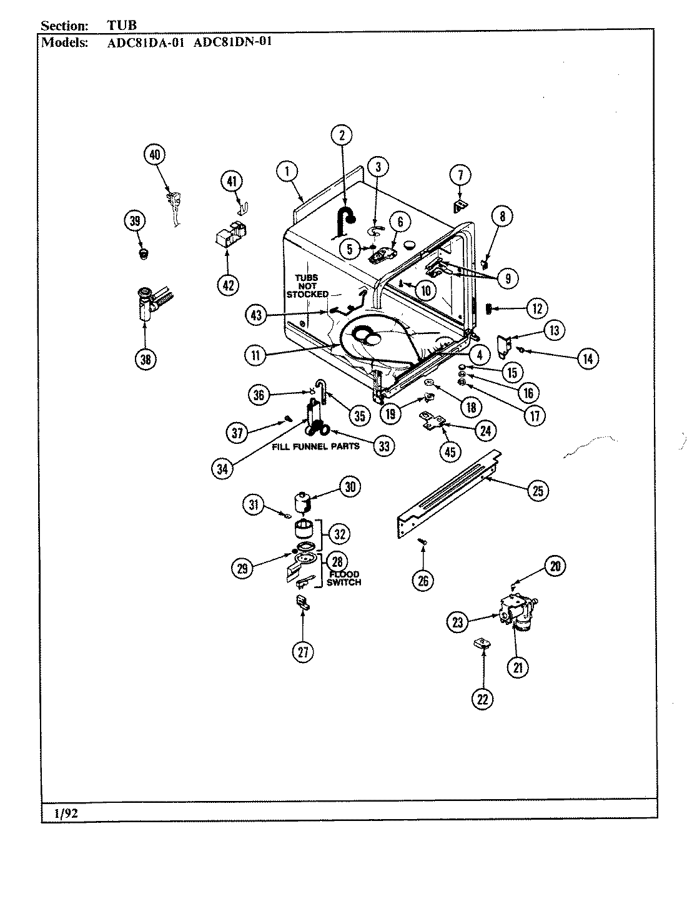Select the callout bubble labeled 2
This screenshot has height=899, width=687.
tap(342, 135)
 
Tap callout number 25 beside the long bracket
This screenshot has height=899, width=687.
tap(537, 491)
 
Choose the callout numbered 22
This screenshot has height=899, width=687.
tap(483, 699)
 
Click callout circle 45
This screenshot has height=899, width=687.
tap(450, 451)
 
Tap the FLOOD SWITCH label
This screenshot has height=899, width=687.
tap(343, 578)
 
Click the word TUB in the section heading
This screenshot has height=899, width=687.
tap(117, 26)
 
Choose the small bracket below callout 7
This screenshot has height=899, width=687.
tap(460, 204)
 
